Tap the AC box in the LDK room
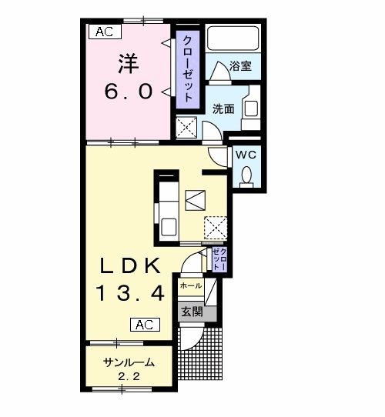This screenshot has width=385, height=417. tap(146, 324)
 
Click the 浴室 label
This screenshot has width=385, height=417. tap(240, 66)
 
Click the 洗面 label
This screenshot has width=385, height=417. tap(224, 109)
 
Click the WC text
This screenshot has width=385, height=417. tap(246, 154)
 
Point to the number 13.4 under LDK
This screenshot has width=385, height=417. tap(130, 292)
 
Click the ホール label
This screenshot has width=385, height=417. tap(189, 285)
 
